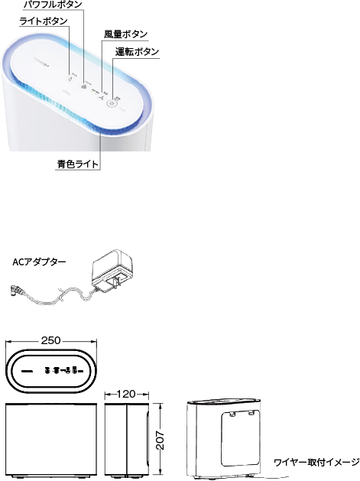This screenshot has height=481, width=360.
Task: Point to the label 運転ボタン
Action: (138, 51)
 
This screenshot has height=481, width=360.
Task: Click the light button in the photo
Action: (71, 76)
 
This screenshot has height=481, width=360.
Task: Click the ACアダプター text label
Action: (39, 261)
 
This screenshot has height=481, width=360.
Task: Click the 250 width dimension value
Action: (52, 340)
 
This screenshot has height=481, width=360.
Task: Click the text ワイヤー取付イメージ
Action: (316, 462)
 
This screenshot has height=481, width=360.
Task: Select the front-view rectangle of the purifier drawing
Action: (52, 440)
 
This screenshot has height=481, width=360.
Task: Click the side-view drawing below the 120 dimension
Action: (125, 440)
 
